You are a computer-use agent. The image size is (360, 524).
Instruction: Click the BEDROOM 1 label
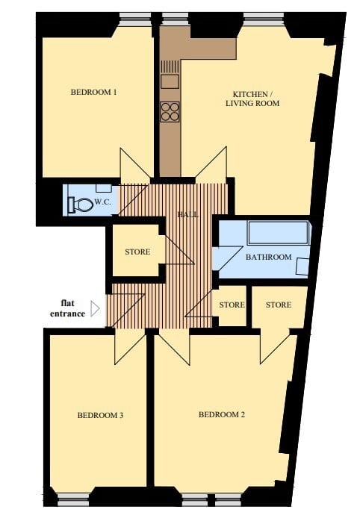click(x=94, y=93)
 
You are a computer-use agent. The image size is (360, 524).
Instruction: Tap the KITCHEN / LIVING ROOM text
click(x=252, y=99)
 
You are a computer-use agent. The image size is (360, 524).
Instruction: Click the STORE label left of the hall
click(x=137, y=252)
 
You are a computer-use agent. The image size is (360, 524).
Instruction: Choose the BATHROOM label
click(x=268, y=258)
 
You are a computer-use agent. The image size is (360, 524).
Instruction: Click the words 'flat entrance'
click(x=72, y=308)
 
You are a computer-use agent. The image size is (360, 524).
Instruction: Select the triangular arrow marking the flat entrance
click(x=95, y=308)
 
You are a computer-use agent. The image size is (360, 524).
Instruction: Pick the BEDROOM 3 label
click(x=100, y=416)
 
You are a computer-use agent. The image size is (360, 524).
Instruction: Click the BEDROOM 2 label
click(x=222, y=415)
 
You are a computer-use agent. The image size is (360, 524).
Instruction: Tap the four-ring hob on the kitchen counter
click(x=170, y=111)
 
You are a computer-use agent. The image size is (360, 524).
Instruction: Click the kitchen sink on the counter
click(x=170, y=80)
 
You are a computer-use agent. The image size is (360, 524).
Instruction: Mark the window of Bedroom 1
click(x=134, y=16)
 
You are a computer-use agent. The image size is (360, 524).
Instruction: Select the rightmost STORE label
click(x=278, y=305)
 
